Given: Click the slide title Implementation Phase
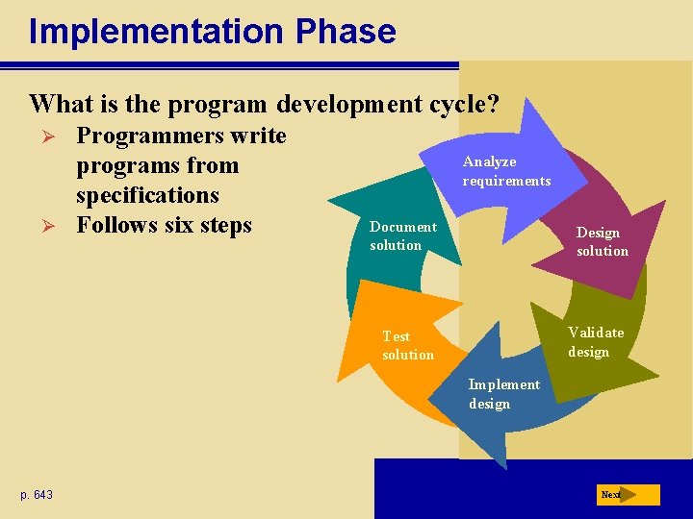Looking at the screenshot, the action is tap(212, 31).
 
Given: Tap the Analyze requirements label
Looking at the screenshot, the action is tap(506, 171).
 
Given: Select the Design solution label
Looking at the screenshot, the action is tap(602, 241).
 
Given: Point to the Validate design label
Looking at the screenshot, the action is tap(595, 341).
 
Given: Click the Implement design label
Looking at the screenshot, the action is tap(503, 394).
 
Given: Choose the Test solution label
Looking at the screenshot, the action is tap(407, 345).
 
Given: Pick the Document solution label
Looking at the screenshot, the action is tap(402, 235).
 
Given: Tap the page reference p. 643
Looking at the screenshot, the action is tap(37, 495).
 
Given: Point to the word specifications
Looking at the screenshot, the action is tap(147, 195).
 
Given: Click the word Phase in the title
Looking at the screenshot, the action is tap(346, 31).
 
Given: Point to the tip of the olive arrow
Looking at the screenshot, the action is tap(657, 377).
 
